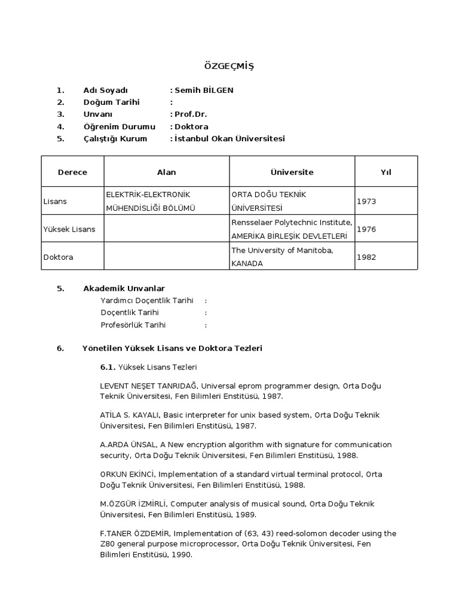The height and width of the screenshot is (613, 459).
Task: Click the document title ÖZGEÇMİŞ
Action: pos(229,66)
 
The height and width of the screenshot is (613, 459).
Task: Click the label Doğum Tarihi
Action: pos(111,102)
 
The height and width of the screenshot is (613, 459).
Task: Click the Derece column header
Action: pos(72,172)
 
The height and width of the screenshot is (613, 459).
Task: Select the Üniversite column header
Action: pos(292,172)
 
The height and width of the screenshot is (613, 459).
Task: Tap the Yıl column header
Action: pos(385,172)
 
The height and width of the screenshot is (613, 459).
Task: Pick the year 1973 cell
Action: pos(366,201)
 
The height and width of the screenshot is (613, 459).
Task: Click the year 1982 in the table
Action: pos(366,257)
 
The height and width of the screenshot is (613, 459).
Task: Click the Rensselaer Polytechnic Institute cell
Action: pos(292,223)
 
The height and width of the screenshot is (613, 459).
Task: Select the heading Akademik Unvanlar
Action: pos(124,289)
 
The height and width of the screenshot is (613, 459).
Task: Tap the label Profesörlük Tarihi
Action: pos(133,325)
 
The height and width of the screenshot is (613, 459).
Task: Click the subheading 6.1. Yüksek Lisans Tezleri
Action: pos(148,366)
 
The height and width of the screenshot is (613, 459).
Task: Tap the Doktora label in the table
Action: pos(57,257)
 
